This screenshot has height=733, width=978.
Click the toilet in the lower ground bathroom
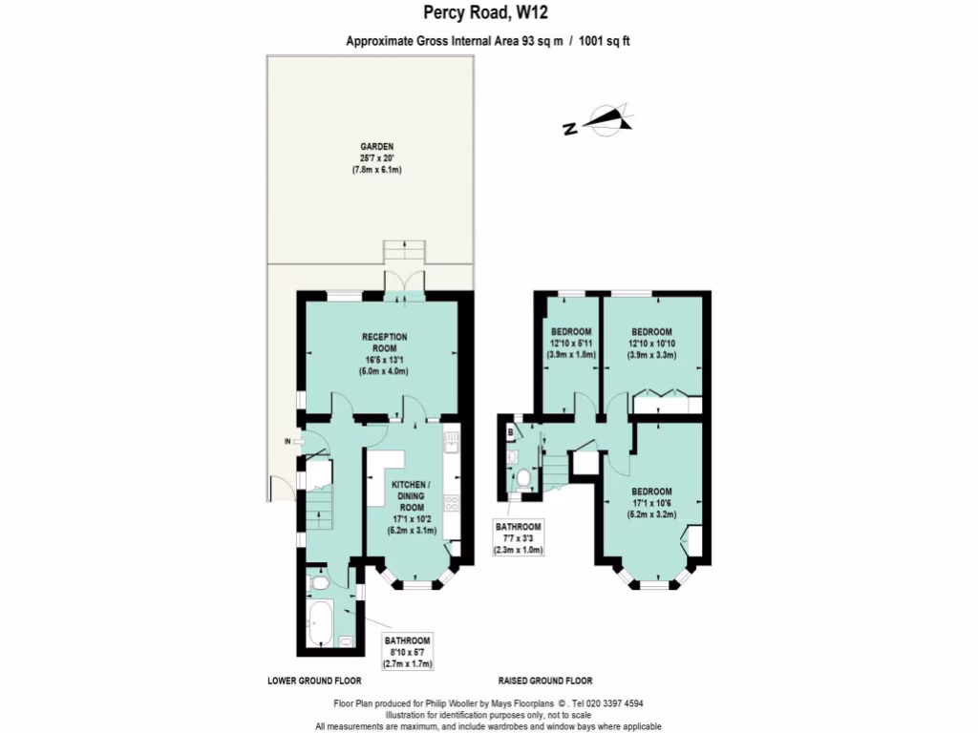pos(320,581)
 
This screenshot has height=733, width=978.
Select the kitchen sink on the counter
pos(451,442)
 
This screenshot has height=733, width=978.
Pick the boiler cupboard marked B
pos(512,431)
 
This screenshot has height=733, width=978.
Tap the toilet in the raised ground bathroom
pos(523,477)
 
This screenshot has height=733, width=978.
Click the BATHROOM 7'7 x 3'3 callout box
pos(517,538)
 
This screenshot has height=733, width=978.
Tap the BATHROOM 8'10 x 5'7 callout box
pos(408,651)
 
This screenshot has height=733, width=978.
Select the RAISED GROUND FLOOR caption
pos(544,681)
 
